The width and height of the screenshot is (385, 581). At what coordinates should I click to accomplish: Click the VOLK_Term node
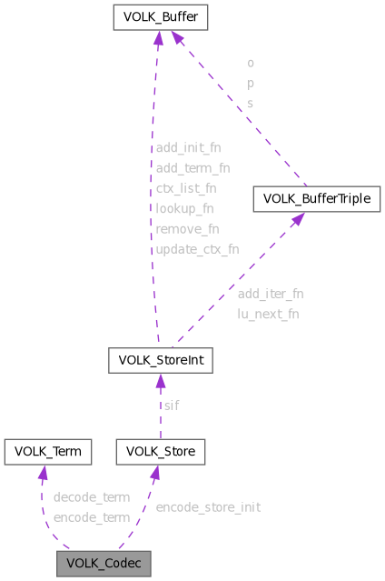pyautogui.click(x=43, y=451)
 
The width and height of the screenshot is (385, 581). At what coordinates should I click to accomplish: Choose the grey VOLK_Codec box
pyautogui.click(x=103, y=563)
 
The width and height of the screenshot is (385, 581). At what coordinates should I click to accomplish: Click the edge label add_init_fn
pyautogui.click(x=188, y=146)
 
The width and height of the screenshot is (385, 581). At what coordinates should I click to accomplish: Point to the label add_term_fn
pyautogui.click(x=192, y=167)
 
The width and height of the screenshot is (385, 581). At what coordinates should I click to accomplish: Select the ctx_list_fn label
pyautogui.click(x=185, y=188)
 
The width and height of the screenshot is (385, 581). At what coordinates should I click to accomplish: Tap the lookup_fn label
pyautogui.click(x=184, y=208)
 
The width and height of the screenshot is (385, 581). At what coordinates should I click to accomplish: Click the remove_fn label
pyautogui.click(x=187, y=228)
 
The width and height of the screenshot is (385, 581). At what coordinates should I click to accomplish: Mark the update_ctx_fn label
pyautogui.click(x=197, y=248)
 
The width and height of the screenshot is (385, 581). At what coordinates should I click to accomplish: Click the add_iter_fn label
pyautogui.click(x=270, y=294)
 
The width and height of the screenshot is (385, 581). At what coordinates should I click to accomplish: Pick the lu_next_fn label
pyautogui.click(x=268, y=314)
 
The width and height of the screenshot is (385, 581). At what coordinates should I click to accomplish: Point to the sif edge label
pyautogui.click(x=171, y=405)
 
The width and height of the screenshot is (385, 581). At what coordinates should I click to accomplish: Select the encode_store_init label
pyautogui.click(x=208, y=506)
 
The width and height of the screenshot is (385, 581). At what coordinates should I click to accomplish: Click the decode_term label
pyautogui.click(x=91, y=497)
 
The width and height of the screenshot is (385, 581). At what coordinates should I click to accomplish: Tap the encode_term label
pyautogui.click(x=91, y=516)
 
